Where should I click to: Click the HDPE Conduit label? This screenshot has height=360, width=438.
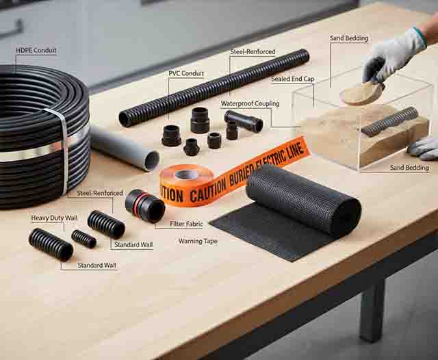[36, 51]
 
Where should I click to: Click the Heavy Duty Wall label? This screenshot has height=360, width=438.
[54, 218]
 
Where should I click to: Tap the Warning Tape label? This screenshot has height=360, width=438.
[198, 241]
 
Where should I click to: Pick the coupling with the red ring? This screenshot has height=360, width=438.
[144, 205]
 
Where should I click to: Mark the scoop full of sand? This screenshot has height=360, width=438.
[359, 94]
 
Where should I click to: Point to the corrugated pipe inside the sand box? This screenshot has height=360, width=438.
[389, 121]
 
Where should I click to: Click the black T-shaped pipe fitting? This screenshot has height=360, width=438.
[243, 121]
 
